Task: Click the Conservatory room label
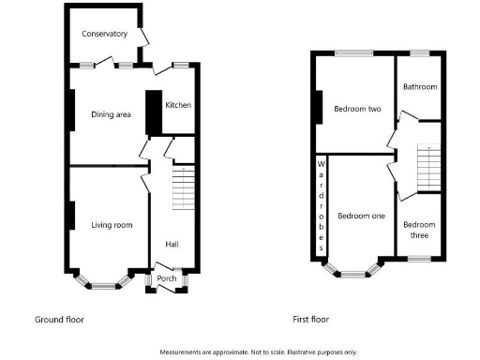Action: [x=104, y=35]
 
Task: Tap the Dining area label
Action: [x=110, y=115]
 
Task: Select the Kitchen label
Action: [x=178, y=105]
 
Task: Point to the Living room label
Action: [x=112, y=225]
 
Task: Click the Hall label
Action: [x=172, y=244]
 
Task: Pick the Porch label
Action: [x=167, y=278]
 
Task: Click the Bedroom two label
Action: [x=357, y=109]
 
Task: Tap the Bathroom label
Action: [x=420, y=87]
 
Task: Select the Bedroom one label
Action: [x=362, y=217]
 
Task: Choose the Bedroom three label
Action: [x=419, y=229]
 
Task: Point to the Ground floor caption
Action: [x=59, y=320]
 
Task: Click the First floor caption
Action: [x=311, y=320]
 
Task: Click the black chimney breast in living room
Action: [x=70, y=215]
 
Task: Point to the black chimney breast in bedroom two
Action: [x=320, y=106]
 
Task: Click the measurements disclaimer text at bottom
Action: [x=259, y=352]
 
